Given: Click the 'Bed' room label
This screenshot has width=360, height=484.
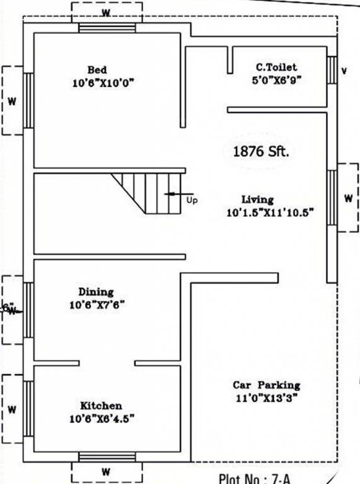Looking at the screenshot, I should click(x=97, y=69).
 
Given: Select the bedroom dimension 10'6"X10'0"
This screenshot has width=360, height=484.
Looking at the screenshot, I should click(x=103, y=83).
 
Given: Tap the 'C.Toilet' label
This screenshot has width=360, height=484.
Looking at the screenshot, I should click(x=276, y=67).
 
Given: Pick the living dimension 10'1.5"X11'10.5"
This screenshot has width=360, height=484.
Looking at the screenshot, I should click(x=270, y=213).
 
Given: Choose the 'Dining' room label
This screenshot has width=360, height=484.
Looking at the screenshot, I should click(x=96, y=292).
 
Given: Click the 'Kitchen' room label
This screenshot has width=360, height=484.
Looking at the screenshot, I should click(x=101, y=405).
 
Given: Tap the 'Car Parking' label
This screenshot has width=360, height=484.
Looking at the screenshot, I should click(x=266, y=385).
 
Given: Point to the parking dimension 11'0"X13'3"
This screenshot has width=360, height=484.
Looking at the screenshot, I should click(x=266, y=398).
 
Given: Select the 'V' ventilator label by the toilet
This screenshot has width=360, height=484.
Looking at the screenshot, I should click(x=344, y=71).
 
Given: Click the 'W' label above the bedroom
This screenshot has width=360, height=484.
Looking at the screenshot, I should click(x=106, y=12).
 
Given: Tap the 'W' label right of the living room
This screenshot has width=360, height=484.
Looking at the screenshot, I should click(x=348, y=198).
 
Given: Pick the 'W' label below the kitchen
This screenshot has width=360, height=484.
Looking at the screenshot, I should click(x=106, y=471).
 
